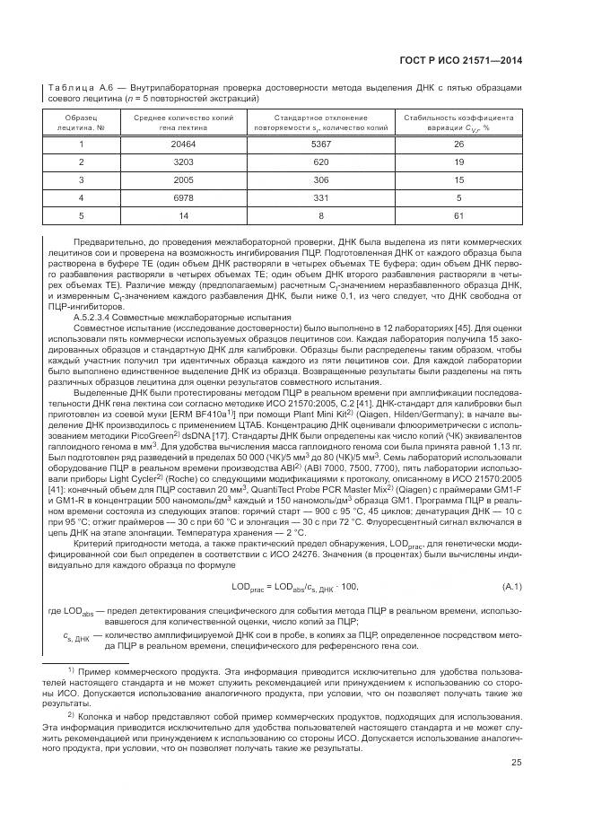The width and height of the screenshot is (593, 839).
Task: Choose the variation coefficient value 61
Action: point(458,215)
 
